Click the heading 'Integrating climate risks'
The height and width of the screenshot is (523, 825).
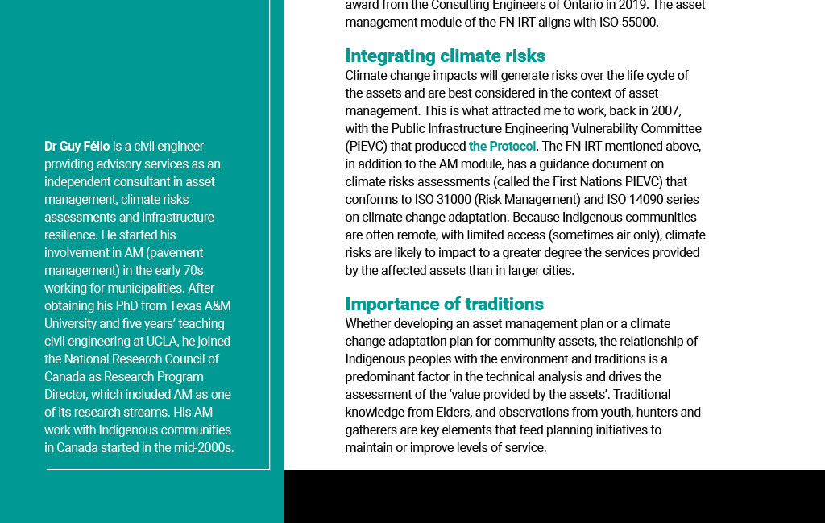(x=445, y=56)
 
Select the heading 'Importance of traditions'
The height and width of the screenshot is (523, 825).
(x=444, y=304)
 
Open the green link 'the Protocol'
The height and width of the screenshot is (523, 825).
(x=502, y=147)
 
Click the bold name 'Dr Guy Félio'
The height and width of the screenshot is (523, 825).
(x=77, y=147)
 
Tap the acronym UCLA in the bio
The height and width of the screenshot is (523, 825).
(x=161, y=342)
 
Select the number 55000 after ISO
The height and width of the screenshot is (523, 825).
(x=640, y=23)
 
